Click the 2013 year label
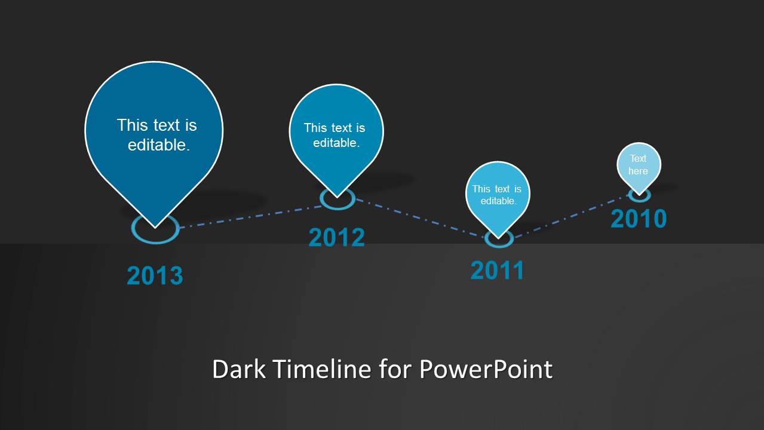[x=155, y=275]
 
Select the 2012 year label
[x=337, y=237]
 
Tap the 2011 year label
[x=497, y=271]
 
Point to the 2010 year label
[x=639, y=218]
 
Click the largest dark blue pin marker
[x=154, y=136]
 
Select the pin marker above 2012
[x=336, y=136]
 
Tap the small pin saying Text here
[x=639, y=167]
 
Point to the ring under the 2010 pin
[x=639, y=201]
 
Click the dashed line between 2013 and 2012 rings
[x=251, y=217]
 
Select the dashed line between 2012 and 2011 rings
[x=420, y=217]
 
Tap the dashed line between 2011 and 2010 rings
[x=571, y=216]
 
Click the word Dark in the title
[x=239, y=369]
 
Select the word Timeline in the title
[x=321, y=369]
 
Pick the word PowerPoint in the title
[x=486, y=369]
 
